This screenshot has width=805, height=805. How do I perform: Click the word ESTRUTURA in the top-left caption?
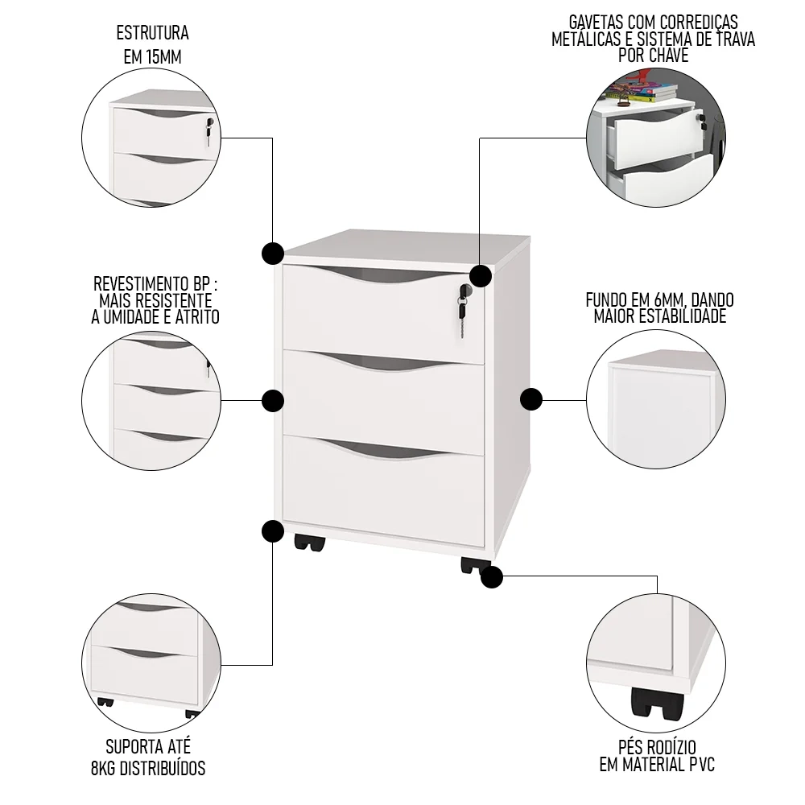pyautogui.click(x=153, y=34)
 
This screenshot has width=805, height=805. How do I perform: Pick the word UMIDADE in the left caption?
pyautogui.click(x=130, y=316)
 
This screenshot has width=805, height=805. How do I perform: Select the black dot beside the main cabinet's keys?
pyautogui.click(x=481, y=276)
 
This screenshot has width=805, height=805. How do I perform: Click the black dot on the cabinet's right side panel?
pyautogui.click(x=530, y=398)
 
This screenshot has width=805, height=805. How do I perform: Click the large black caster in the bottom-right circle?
pyautogui.click(x=658, y=704)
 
